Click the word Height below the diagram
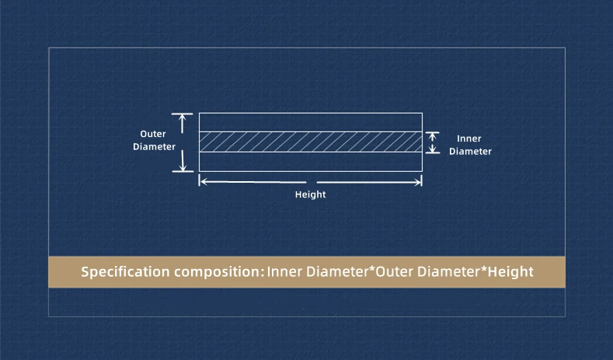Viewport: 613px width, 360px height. [x=310, y=195]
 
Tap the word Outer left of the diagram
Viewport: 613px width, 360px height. [x=153, y=134]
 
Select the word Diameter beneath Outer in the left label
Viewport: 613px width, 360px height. [x=154, y=146]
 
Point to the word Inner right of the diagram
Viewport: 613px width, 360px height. [x=469, y=138]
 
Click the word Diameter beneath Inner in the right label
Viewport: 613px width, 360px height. [x=470, y=152]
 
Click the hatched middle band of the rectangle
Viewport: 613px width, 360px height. [x=310, y=142]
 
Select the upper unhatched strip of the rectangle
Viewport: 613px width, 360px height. [x=310, y=122]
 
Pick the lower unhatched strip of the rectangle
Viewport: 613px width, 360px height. [x=310, y=161]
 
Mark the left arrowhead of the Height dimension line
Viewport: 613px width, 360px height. [x=204, y=181]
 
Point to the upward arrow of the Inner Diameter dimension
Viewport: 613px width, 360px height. [x=434, y=136]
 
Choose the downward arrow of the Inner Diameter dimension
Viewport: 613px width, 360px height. [x=434, y=148]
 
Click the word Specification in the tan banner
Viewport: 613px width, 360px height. [x=125, y=272]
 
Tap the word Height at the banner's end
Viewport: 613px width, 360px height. [x=510, y=272]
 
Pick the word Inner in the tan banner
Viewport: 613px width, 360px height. [x=285, y=272]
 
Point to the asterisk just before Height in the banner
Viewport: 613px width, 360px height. [x=482, y=269]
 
